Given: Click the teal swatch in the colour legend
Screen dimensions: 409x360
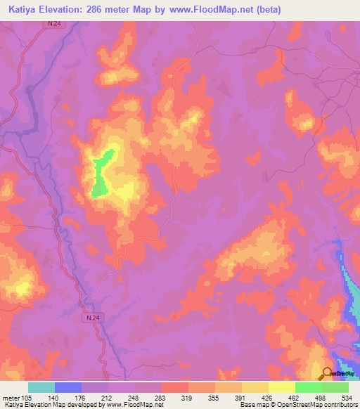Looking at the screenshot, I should click(x=41, y=387).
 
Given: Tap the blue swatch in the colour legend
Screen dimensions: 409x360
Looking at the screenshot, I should click(x=68, y=387).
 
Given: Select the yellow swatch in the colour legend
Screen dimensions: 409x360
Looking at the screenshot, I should click(x=282, y=387).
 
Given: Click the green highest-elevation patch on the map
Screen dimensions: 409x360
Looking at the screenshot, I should click(x=101, y=175).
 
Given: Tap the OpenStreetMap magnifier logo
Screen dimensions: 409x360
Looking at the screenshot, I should click(x=328, y=374).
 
